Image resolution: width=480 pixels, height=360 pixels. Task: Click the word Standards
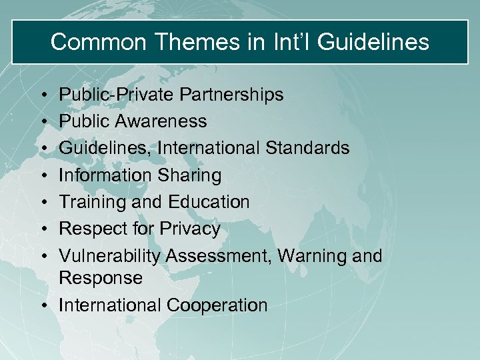[311, 148]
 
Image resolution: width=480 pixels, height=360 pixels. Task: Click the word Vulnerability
[109, 255]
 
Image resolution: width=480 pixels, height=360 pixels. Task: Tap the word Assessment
[219, 255]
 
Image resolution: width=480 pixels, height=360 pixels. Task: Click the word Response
[101, 278]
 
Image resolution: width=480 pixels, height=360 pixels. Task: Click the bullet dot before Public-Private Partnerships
[43, 95]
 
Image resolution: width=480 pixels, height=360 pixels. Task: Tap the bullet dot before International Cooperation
[43, 306]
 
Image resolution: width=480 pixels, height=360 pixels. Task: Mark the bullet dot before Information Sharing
[43, 176]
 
